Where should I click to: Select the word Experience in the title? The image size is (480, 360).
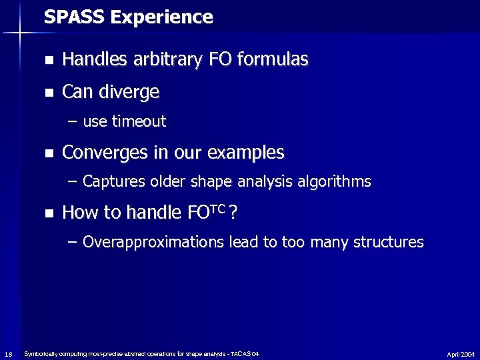162,17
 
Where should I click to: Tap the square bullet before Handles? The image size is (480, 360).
49,61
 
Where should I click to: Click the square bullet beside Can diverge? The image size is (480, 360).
49,93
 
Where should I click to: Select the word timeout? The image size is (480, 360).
139,121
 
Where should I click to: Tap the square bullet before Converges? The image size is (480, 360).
49,154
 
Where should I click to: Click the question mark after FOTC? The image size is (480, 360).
233,213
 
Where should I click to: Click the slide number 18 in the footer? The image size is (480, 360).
7,353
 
